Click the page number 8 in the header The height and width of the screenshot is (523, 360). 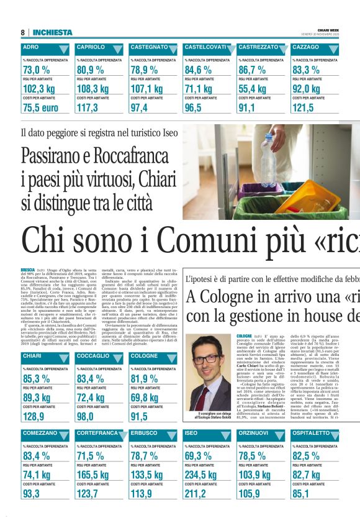pos(23,32)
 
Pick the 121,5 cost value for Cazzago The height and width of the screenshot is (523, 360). pos(303,107)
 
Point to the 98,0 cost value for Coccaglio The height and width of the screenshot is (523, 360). pos(88,416)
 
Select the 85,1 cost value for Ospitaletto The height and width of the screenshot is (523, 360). pos(302,493)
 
